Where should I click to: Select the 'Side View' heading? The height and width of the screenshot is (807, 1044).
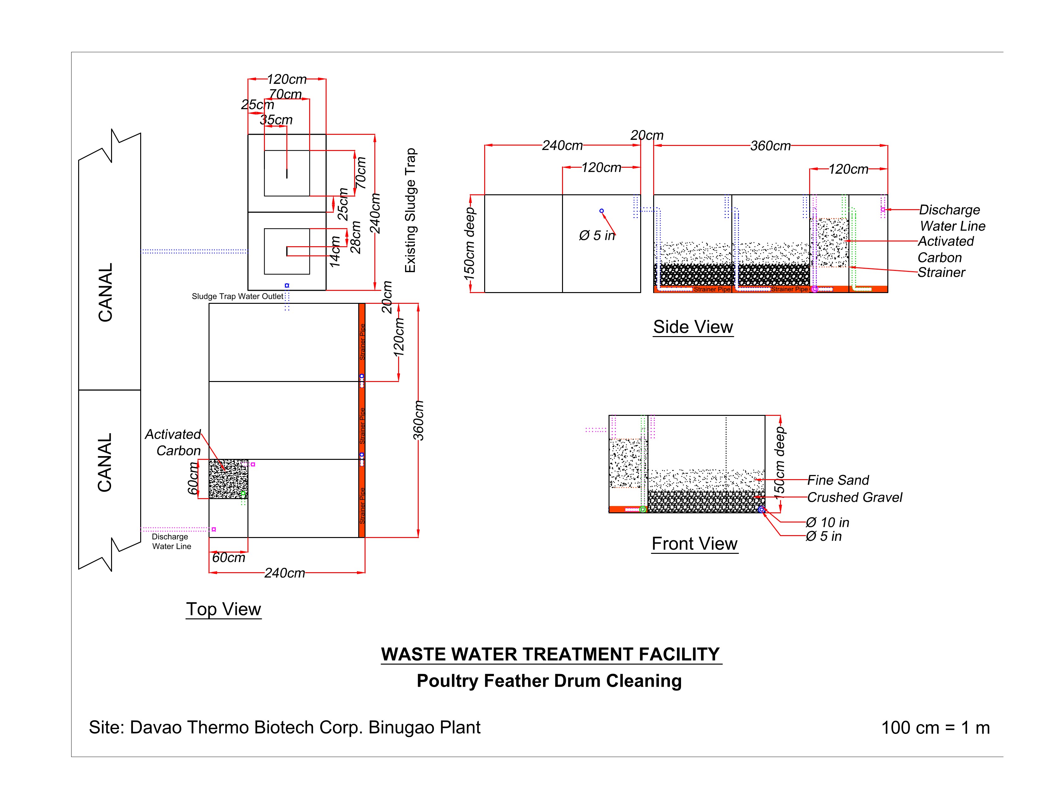click(693, 327)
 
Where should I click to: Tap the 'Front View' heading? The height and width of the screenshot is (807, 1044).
click(695, 544)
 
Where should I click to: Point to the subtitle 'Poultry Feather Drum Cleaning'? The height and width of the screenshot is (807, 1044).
click(549, 681)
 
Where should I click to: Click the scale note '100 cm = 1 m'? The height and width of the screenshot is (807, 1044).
click(935, 728)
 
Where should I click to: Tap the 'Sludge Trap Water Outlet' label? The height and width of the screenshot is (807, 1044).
click(238, 297)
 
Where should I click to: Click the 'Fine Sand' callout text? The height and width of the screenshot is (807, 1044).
click(838, 480)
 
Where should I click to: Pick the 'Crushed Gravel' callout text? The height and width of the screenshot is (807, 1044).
click(855, 497)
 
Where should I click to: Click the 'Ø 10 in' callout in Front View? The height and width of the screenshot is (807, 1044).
click(828, 522)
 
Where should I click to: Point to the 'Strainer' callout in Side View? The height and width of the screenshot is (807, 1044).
click(941, 272)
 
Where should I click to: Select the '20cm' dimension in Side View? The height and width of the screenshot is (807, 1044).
click(647, 135)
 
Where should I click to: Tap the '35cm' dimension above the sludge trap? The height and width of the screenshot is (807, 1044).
click(276, 120)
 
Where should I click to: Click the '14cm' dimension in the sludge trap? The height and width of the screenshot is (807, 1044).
click(335, 251)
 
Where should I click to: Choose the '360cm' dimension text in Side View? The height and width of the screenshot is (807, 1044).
click(770, 146)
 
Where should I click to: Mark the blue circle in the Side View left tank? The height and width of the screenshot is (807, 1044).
click(601, 211)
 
